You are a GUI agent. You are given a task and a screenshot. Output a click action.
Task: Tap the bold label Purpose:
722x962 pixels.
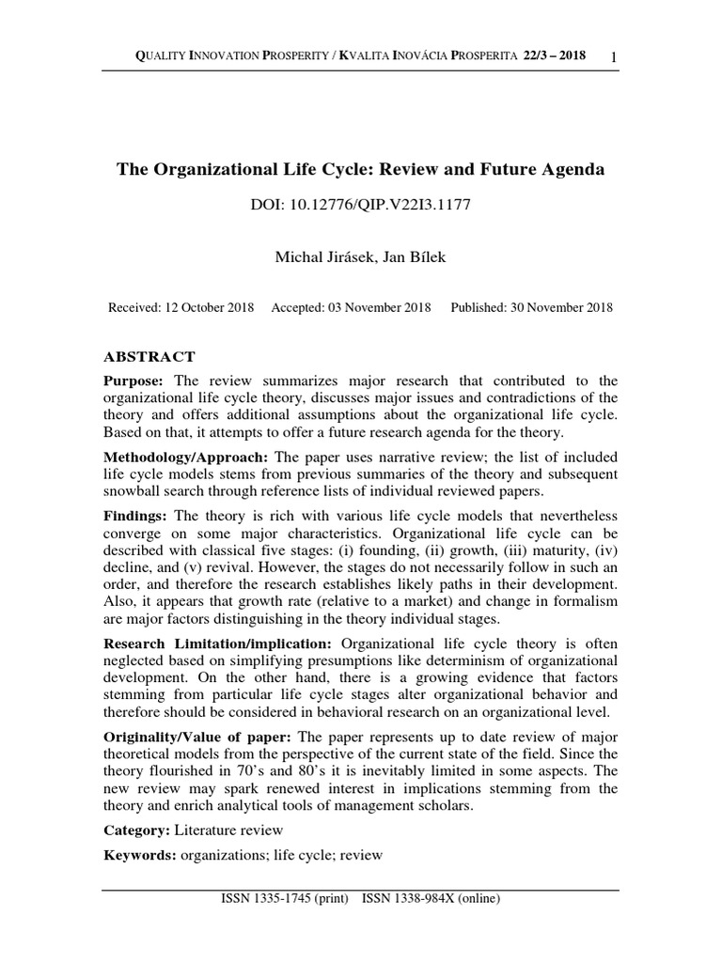click(x=133, y=380)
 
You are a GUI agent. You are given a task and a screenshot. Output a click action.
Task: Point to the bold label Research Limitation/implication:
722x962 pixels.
click(x=217, y=644)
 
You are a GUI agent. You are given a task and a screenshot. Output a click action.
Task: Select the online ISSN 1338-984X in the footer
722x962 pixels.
click(x=431, y=899)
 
